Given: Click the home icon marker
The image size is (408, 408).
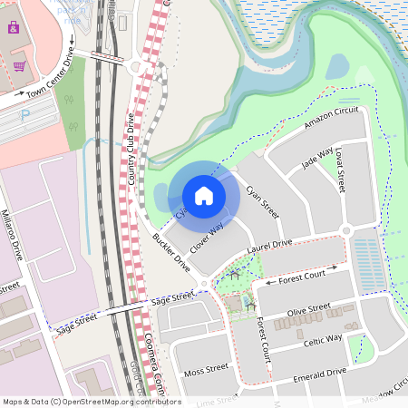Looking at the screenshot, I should tap(204, 195).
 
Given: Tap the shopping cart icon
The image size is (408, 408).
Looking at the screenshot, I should tap(19, 66).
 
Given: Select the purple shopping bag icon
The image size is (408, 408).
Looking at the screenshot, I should tap(13, 27).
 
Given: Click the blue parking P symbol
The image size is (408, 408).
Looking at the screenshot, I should tap(25, 114).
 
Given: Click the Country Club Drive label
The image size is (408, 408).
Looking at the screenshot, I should tap(131, 150).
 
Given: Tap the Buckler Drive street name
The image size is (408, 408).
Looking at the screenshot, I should tap(170, 252).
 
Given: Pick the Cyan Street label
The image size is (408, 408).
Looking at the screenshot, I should tap(262, 202).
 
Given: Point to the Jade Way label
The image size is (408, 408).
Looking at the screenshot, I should tap(317, 159).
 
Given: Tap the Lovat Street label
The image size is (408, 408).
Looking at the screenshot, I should tap(340, 170).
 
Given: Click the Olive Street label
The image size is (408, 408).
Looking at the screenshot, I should tap(308, 311).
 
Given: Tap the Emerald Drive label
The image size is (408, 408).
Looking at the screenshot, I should tap(319, 373).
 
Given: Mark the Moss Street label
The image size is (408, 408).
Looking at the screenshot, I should tap(207, 369).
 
